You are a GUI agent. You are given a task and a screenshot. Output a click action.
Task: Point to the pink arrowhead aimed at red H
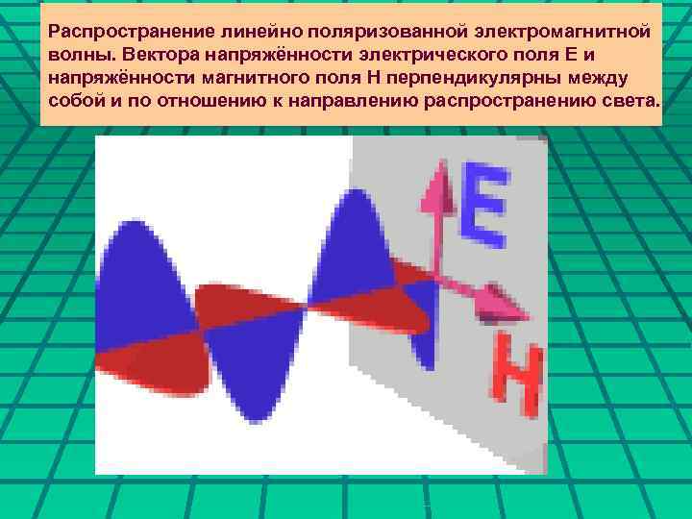(x=507, y=309)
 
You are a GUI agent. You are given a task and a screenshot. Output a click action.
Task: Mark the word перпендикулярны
(x=482, y=78)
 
